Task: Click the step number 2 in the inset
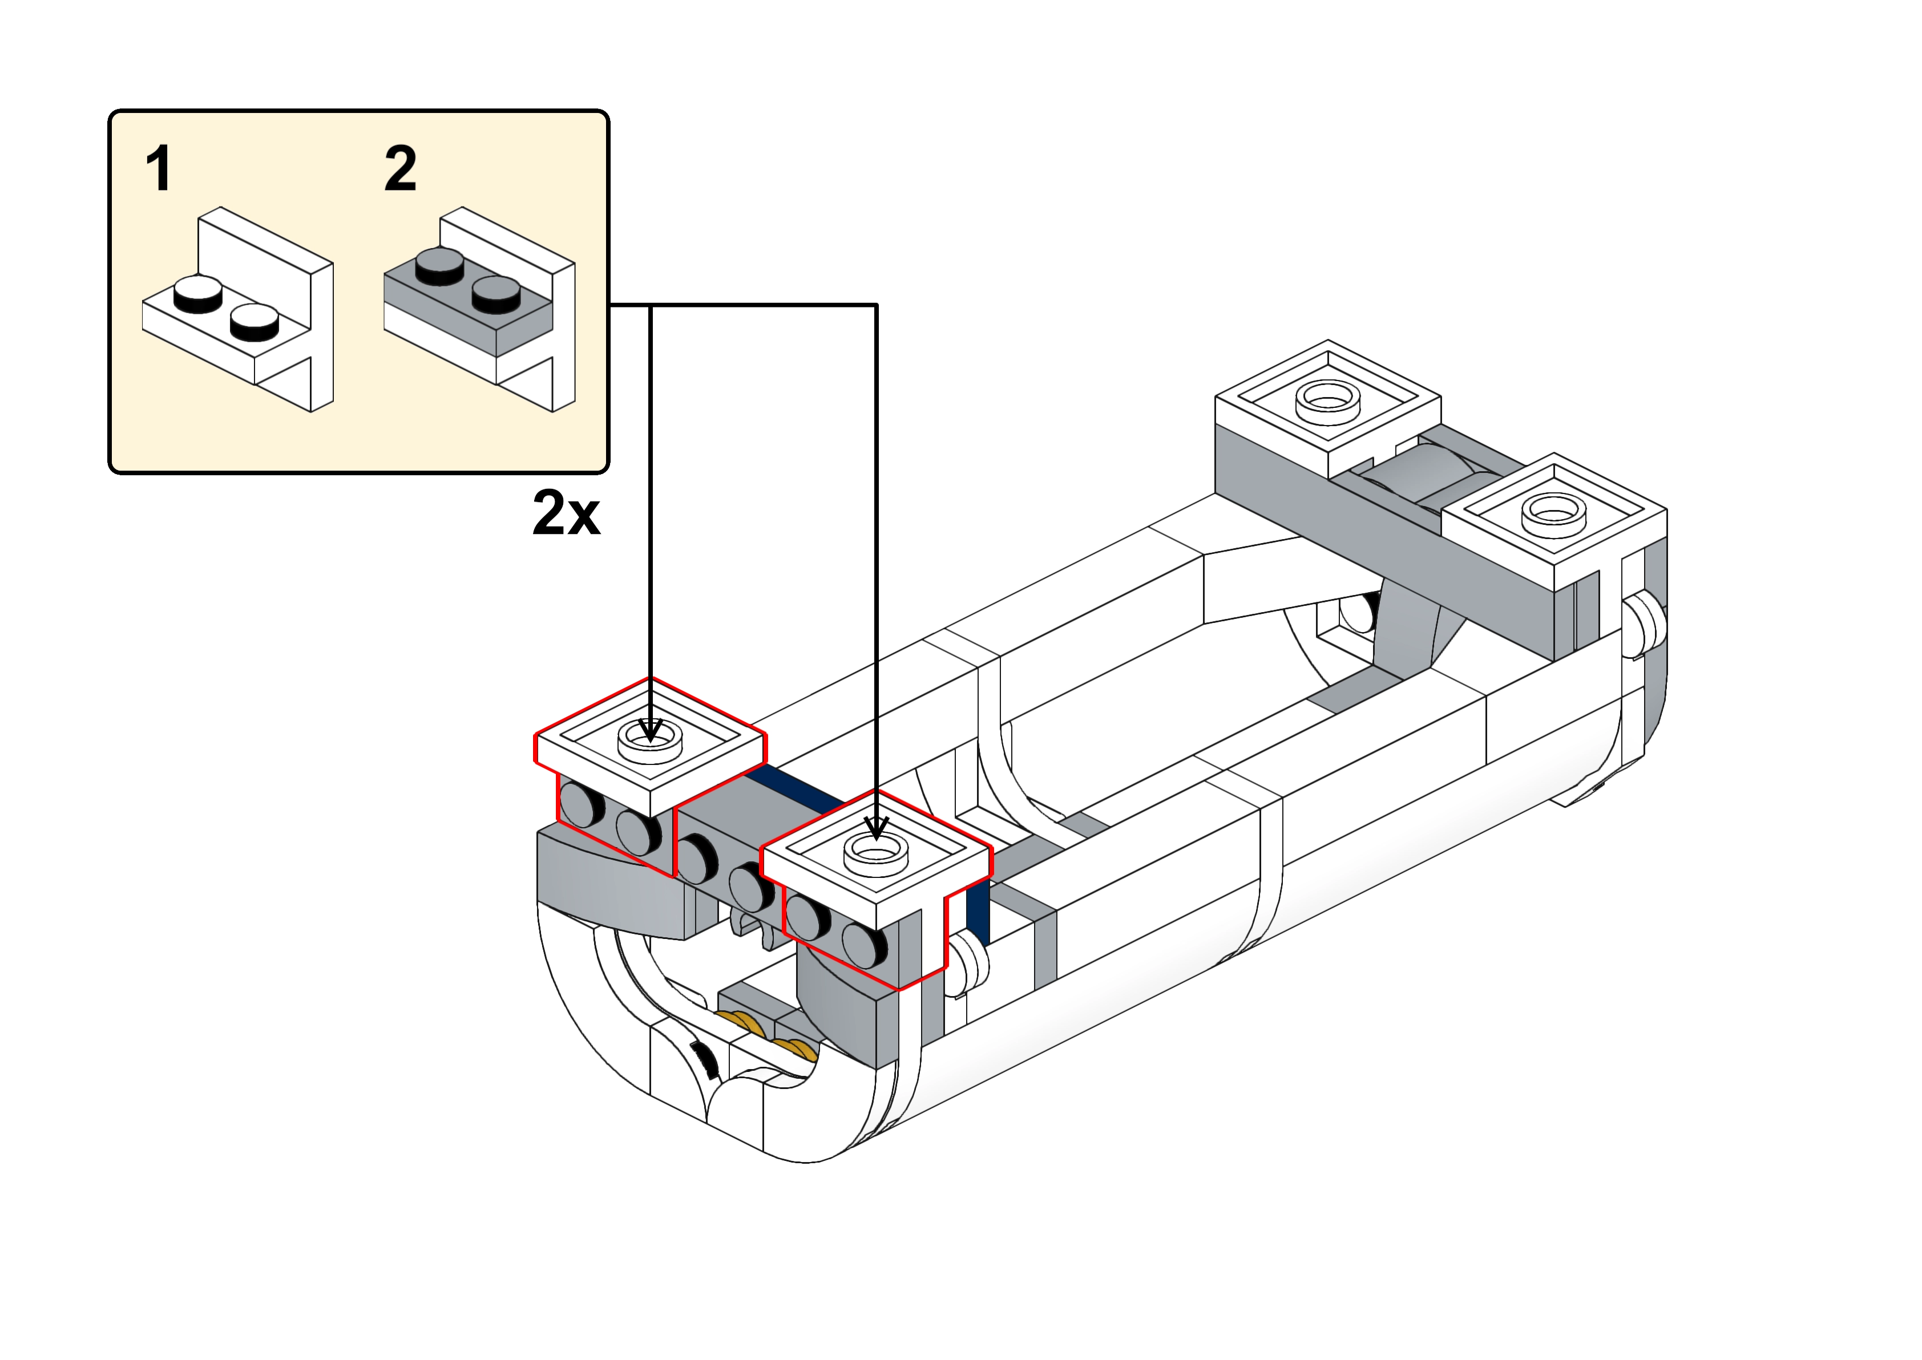399,169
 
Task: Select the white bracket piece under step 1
251,318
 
